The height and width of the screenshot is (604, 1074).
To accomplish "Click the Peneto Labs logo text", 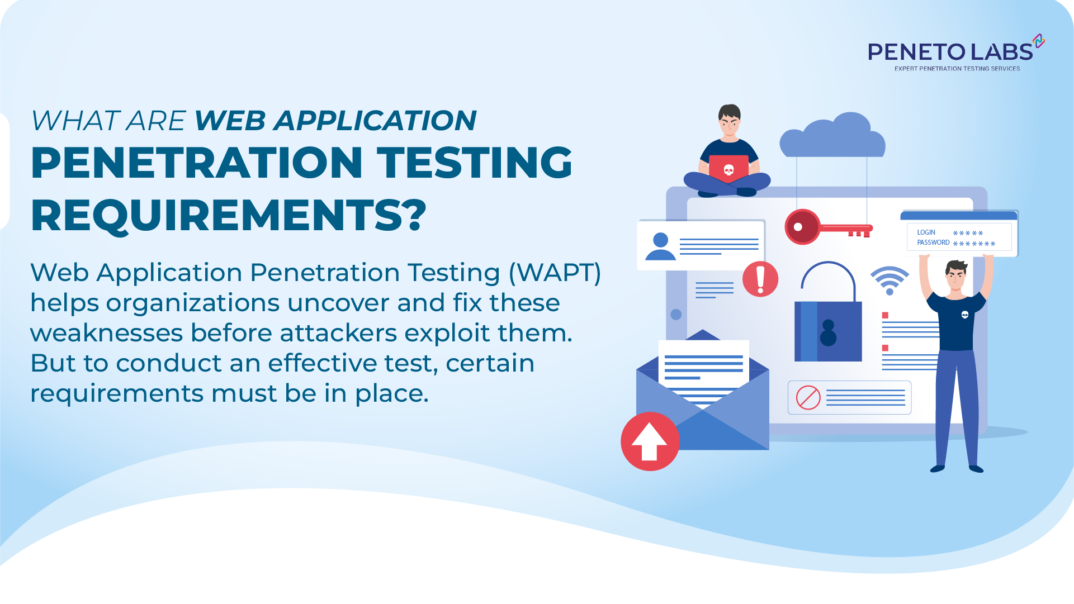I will [950, 52].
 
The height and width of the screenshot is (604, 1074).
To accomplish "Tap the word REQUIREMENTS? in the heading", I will [229, 216].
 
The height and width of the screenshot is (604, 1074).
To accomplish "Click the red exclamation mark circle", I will [760, 279].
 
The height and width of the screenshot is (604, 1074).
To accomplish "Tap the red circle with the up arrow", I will [650, 441].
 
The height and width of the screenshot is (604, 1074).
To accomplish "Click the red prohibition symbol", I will [808, 398].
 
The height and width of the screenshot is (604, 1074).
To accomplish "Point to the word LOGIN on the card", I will [926, 232].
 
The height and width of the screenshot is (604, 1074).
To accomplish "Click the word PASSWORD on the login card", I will [933, 242].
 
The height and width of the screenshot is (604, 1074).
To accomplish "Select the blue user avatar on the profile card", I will [660, 247].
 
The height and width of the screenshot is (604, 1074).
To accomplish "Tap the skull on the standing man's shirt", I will [964, 315].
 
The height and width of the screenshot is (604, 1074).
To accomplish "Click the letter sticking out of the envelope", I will [703, 369].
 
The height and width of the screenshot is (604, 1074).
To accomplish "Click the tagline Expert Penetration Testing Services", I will [957, 69].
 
